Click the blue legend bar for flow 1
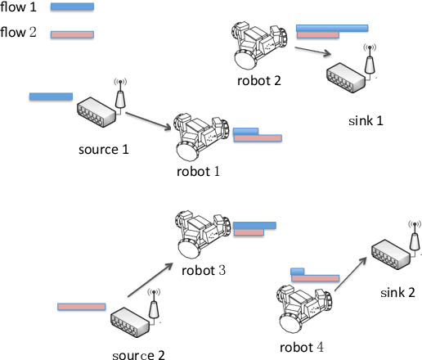(x=72, y=7)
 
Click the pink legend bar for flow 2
(x=72, y=35)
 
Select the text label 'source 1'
(x=104, y=150)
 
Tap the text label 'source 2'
(x=138, y=354)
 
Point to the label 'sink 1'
(x=365, y=120)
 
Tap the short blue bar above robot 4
(x=297, y=271)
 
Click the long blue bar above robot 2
(x=331, y=28)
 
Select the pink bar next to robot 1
(x=257, y=138)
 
